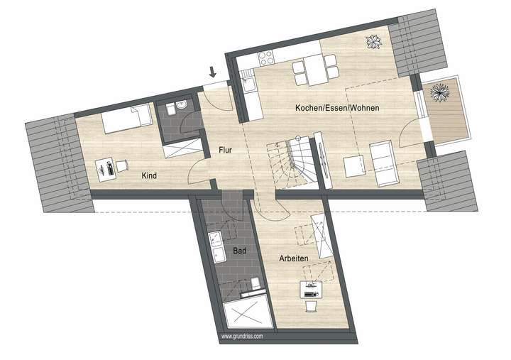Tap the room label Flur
point(226,150)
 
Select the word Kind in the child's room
point(149,175)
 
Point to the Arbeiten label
point(293,259)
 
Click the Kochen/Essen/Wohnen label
point(337,108)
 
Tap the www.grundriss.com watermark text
point(242,336)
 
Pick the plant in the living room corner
point(373,43)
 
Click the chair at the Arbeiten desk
point(311,305)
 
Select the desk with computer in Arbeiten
point(310,289)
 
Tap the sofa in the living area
point(384,163)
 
